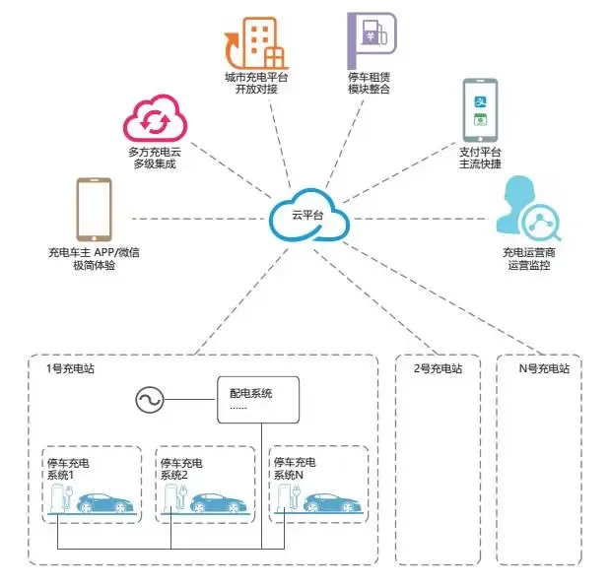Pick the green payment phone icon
coord(481,110)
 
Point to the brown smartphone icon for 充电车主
coord(93,209)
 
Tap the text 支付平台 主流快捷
coord(481,158)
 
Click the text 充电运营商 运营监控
coord(527,259)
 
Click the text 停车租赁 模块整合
coord(370,83)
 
